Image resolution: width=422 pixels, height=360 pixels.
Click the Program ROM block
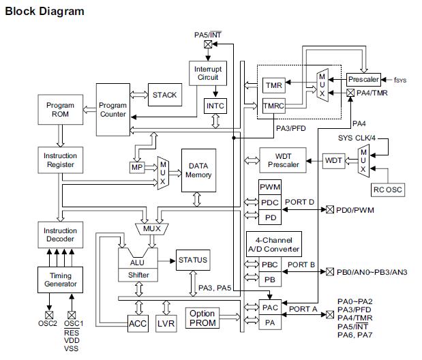tap(60, 110)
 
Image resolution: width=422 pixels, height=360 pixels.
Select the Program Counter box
tap(112, 110)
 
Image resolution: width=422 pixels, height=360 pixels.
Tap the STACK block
tap(164, 95)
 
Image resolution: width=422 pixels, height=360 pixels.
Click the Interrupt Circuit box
tap(207, 72)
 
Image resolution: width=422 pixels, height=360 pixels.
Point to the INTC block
tap(215, 106)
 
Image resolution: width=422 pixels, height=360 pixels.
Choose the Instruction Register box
tap(60, 160)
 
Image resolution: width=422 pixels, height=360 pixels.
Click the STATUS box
tap(192, 260)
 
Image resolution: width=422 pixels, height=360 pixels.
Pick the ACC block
tap(138, 322)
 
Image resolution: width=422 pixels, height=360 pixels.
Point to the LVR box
tap(166, 322)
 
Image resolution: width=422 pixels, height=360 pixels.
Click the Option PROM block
tap(202, 318)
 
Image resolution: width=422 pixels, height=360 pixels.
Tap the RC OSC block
tap(387, 190)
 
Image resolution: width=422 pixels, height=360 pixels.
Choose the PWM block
tap(270, 187)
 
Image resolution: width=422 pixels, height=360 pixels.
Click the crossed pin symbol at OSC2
tap(50, 315)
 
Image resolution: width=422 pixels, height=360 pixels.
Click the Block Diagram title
tap(45, 11)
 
